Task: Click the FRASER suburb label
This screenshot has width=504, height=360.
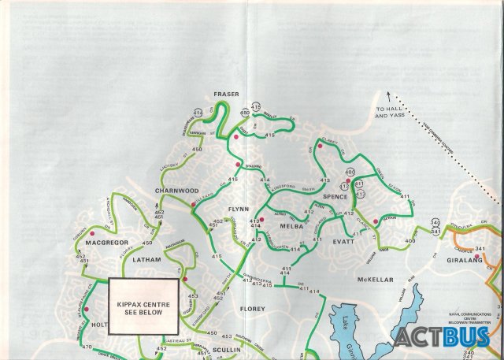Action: (x=225, y=94)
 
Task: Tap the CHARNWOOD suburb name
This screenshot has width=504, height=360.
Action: (x=176, y=191)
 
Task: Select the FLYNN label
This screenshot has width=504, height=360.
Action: (x=239, y=209)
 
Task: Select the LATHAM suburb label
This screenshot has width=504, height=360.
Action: (x=146, y=259)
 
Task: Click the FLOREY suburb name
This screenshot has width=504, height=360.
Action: (x=252, y=309)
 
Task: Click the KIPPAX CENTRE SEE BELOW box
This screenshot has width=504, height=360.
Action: (x=143, y=306)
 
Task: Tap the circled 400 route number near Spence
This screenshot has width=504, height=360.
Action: (x=350, y=172)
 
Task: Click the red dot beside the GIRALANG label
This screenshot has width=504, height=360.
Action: (x=477, y=257)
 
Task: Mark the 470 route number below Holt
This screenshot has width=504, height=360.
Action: (x=87, y=347)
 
